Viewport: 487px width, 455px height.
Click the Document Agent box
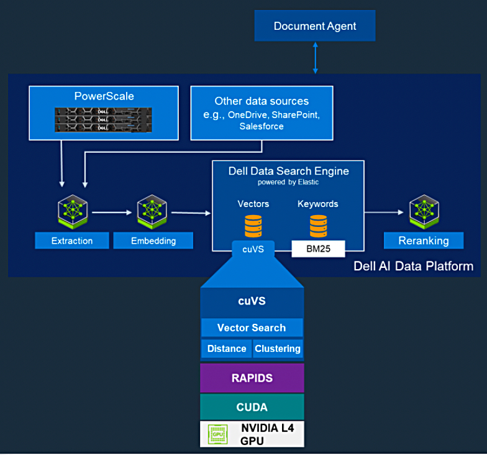point(315,26)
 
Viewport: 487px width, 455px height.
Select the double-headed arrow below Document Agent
point(316,58)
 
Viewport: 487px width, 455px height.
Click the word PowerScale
point(104,96)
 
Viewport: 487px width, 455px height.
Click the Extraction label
point(72,241)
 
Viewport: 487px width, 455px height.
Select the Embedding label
point(153,241)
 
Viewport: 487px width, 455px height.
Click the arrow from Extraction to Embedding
point(112,213)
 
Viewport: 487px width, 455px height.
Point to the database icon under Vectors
point(253,226)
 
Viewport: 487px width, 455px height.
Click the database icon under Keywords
point(318,226)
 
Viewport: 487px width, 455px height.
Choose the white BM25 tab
point(318,249)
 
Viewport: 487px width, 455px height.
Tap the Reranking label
point(424,241)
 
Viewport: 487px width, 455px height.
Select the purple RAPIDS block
point(252,378)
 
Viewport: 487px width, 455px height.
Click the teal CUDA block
point(252,407)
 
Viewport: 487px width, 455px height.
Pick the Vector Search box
point(252,328)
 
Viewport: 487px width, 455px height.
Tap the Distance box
point(227,349)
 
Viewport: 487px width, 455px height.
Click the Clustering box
point(278,349)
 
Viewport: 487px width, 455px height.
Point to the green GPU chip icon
point(218,434)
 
